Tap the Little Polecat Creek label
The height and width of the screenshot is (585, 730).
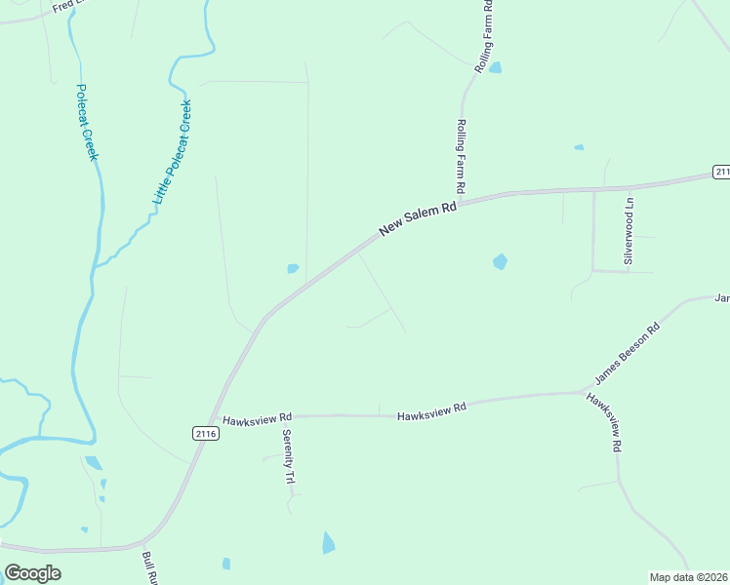click(x=172, y=152)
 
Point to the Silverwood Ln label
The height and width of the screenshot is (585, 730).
click(x=629, y=231)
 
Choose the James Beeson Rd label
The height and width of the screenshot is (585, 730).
click(x=627, y=354)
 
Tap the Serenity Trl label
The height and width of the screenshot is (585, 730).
click(x=288, y=459)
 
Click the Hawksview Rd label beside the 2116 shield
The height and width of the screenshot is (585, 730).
click(x=258, y=421)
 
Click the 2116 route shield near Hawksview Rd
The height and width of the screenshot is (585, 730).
click(x=205, y=432)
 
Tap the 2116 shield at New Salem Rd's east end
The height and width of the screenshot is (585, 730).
click(x=721, y=172)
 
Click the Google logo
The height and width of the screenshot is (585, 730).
click(x=32, y=573)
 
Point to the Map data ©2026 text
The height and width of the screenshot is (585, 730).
click(x=689, y=577)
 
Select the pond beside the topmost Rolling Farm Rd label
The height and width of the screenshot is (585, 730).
click(x=495, y=67)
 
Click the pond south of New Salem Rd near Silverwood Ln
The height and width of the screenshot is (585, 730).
click(x=500, y=261)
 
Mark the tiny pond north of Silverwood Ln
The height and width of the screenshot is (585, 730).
click(x=579, y=147)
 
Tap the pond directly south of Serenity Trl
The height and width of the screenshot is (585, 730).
click(x=328, y=542)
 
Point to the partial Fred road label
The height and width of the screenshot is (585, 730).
click(x=63, y=9)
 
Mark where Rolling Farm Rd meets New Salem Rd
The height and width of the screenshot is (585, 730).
click(x=461, y=203)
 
